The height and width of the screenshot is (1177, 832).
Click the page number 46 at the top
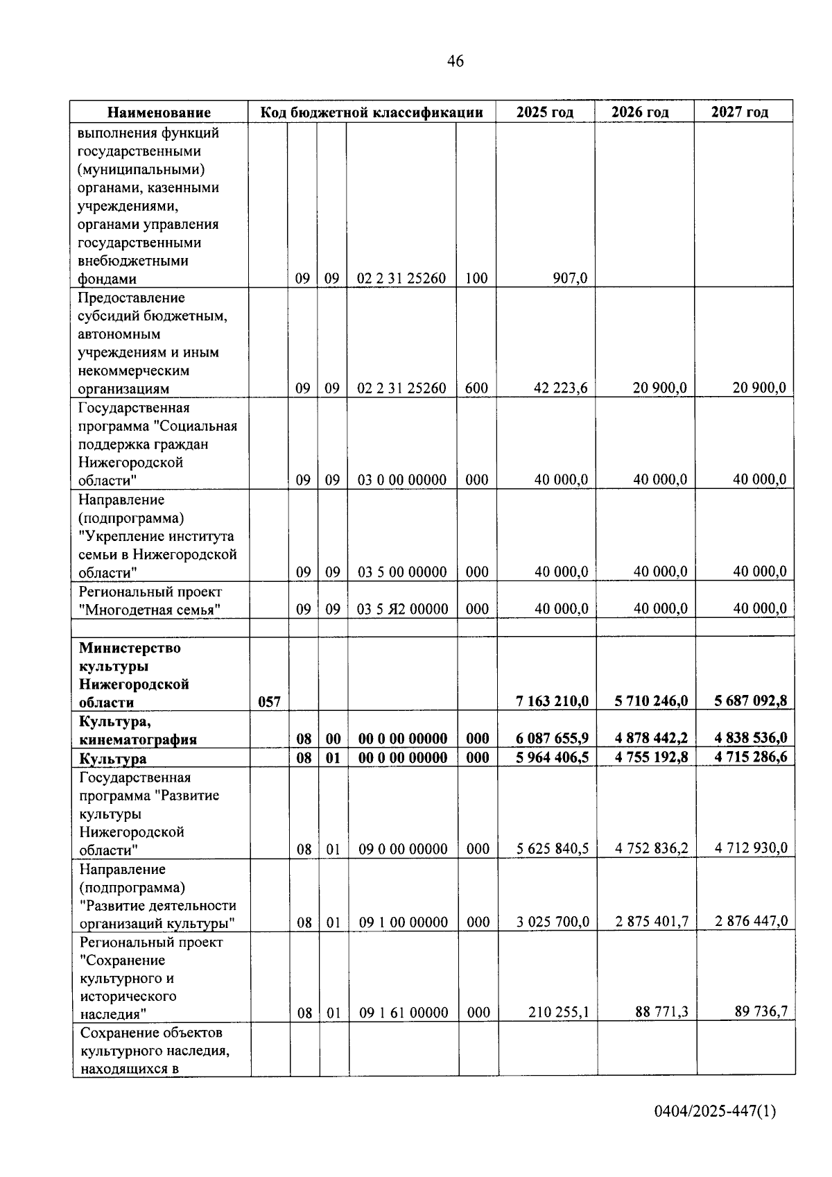tap(456, 61)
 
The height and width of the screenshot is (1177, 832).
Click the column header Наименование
tap(159, 112)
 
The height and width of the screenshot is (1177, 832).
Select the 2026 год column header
tap(640, 112)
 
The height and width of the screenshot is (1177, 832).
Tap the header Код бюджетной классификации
tap(372, 112)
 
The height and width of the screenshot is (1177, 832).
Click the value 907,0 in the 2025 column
tap(570, 279)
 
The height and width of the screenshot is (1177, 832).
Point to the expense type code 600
tap(476, 388)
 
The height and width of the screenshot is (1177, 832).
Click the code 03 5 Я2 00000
tap(402, 609)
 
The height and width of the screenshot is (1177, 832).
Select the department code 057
tap(269, 702)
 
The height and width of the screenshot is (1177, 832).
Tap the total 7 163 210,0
tap(552, 701)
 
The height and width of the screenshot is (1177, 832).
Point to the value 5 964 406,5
tap(552, 757)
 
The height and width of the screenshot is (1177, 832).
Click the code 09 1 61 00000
tap(404, 1013)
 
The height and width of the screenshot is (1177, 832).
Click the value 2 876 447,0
tap(752, 922)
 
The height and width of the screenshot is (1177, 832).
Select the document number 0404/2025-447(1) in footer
tap(715, 1111)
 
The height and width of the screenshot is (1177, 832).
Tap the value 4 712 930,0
tap(752, 848)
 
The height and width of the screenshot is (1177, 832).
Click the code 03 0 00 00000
tap(402, 480)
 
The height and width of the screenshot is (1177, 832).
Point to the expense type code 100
tap(476, 279)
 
